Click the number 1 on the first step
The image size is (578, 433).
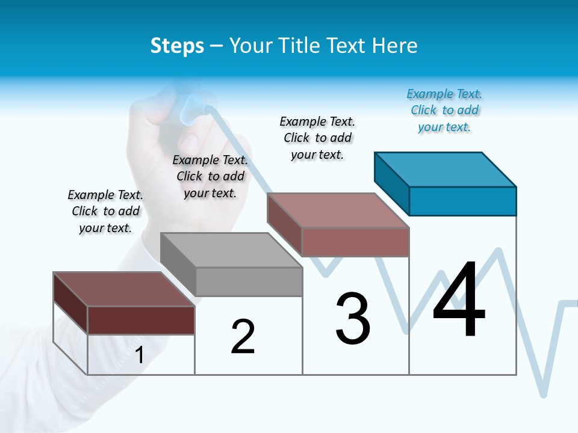coord(140,355)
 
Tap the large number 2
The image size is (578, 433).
coord(243,337)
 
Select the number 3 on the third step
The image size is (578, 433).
coord(353,318)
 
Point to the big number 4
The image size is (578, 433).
coord(459,300)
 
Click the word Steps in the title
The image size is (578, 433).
coord(177,46)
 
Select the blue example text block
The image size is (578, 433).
coord(444,110)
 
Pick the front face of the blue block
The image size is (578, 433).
coord(462,201)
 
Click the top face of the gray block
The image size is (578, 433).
coord(231,250)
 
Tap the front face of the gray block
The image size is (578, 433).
coord(249,281)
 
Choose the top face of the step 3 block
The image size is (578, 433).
coord(338,210)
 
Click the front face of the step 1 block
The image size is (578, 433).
coord(141,320)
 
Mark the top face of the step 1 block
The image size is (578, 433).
coord(123,289)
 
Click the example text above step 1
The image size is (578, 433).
coord(105,211)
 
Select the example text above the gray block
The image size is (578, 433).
coord(210,176)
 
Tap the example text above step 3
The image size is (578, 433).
coord(317,138)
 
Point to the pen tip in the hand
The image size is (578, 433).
coord(208,109)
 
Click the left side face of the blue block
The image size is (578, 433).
coord(391,183)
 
